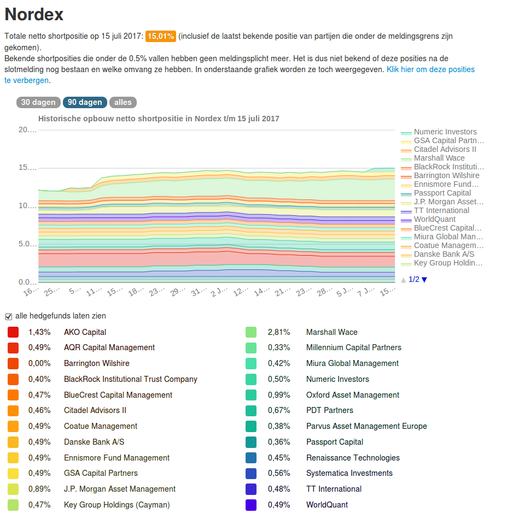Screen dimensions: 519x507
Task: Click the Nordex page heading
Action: click(34, 14)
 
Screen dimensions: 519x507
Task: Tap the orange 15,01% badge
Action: click(161, 37)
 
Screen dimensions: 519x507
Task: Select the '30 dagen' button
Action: click(38, 102)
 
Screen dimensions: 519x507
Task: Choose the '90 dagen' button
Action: click(85, 102)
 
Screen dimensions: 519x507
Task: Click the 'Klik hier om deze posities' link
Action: click(430, 69)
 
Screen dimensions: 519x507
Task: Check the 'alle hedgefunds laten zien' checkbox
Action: click(8, 316)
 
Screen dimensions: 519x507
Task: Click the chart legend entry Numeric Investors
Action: click(445, 132)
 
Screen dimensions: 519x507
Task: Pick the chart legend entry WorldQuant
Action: click(434, 219)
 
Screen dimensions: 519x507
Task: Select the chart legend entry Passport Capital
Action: click(442, 193)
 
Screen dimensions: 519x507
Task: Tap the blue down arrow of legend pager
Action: click(424, 280)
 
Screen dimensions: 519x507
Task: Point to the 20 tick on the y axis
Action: click(27, 129)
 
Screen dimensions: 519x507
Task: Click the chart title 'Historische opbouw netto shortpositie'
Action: click(159, 119)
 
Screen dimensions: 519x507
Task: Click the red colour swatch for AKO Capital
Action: click(13, 332)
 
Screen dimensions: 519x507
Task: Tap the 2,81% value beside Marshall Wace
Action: click(279, 332)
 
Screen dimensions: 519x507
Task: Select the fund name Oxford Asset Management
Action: click(353, 395)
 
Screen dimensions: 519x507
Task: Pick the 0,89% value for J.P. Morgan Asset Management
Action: click(39, 489)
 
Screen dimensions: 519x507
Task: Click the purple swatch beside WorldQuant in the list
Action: click(251, 505)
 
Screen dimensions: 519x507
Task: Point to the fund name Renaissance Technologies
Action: click(353, 458)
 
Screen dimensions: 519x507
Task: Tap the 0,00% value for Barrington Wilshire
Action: click(39, 363)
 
